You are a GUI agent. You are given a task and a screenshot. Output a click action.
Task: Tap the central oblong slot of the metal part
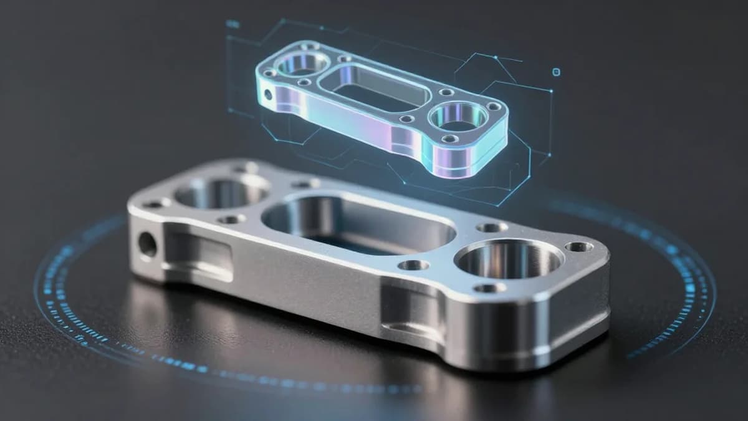pyautogui.click(x=358, y=223)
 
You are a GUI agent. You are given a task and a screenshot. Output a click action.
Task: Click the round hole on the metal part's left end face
pyautogui.click(x=147, y=244)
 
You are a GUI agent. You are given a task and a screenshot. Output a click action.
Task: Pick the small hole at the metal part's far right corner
pyautogui.click(x=579, y=246)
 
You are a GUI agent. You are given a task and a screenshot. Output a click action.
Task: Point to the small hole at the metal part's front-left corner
pyautogui.click(x=153, y=203)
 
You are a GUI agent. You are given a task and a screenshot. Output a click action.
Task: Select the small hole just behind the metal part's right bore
pyautogui.click(x=492, y=227)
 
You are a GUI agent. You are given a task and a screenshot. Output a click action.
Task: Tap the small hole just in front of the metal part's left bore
pyautogui.click(x=231, y=219)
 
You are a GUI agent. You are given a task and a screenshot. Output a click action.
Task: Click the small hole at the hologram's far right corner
pyautogui.click(x=494, y=107)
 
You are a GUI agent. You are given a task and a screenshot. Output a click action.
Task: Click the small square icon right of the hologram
pyautogui.click(x=557, y=72)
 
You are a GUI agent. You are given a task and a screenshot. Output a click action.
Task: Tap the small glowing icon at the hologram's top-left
pyautogui.click(x=233, y=24)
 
